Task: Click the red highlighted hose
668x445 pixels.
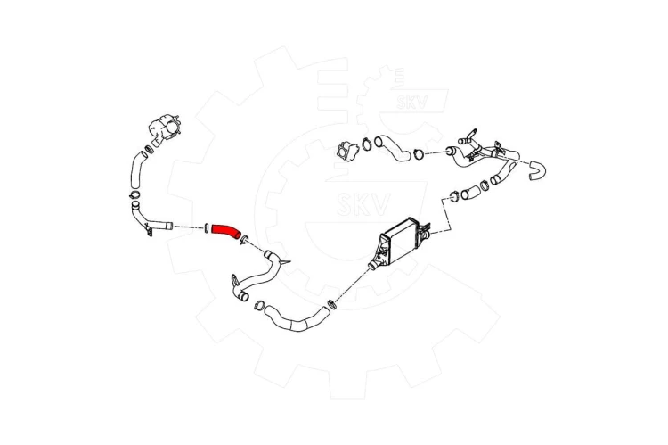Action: pyautogui.click(x=226, y=231)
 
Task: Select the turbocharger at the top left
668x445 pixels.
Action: pyautogui.click(x=166, y=128)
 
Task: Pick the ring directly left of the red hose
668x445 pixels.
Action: pyautogui.click(x=207, y=227)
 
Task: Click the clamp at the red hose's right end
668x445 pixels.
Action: pyautogui.click(x=245, y=240)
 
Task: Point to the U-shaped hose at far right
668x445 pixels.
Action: pyautogui.click(x=538, y=169)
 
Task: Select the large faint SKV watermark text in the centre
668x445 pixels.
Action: pyautogui.click(x=363, y=204)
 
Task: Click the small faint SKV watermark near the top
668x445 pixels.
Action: pyautogui.click(x=412, y=102)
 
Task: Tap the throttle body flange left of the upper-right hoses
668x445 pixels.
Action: pyautogui.click(x=347, y=152)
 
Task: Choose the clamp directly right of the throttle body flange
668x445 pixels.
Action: pyautogui.click(x=366, y=144)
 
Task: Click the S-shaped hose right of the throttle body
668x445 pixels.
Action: pyautogui.click(x=393, y=149)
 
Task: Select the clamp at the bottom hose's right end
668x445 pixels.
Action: pyautogui.click(x=331, y=305)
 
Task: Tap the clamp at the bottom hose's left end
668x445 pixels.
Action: pyautogui.click(x=259, y=306)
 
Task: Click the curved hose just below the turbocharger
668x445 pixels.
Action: pyautogui.click(x=138, y=169)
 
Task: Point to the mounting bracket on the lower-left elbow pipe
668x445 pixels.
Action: pyautogui.click(x=149, y=231)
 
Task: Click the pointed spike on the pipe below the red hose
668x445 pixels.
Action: pyautogui.click(x=285, y=261)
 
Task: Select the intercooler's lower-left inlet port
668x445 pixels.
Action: pyautogui.click(x=373, y=265)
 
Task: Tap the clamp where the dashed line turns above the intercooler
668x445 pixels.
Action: pyautogui.click(x=454, y=197)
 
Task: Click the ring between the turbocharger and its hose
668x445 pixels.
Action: pyautogui.click(x=149, y=149)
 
